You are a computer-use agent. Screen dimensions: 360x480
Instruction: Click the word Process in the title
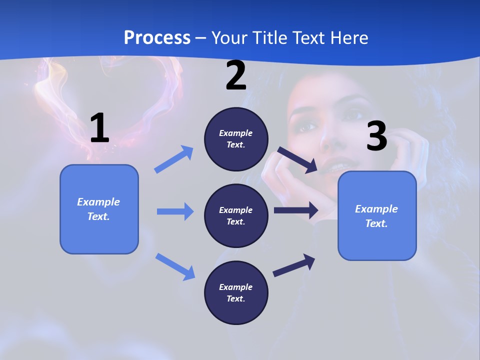(157, 38)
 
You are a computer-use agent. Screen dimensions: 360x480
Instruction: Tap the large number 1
(99, 128)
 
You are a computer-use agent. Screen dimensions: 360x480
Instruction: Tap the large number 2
(236, 75)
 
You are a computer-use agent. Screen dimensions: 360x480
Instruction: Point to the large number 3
(376, 136)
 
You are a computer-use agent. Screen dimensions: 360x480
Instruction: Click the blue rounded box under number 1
(99, 209)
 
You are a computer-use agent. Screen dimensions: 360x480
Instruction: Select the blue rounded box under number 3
(377, 216)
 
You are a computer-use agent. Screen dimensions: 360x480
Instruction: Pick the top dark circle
(236, 139)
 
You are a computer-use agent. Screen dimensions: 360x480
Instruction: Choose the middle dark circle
(236, 215)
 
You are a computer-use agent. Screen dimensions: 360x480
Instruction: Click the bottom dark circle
(236, 292)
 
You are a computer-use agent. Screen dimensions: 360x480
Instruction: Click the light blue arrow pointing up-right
(174, 159)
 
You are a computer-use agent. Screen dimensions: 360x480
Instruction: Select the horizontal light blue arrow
(175, 211)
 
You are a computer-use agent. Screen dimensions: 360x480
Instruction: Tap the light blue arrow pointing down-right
(175, 266)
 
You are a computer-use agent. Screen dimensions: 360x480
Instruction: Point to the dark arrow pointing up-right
(294, 265)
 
